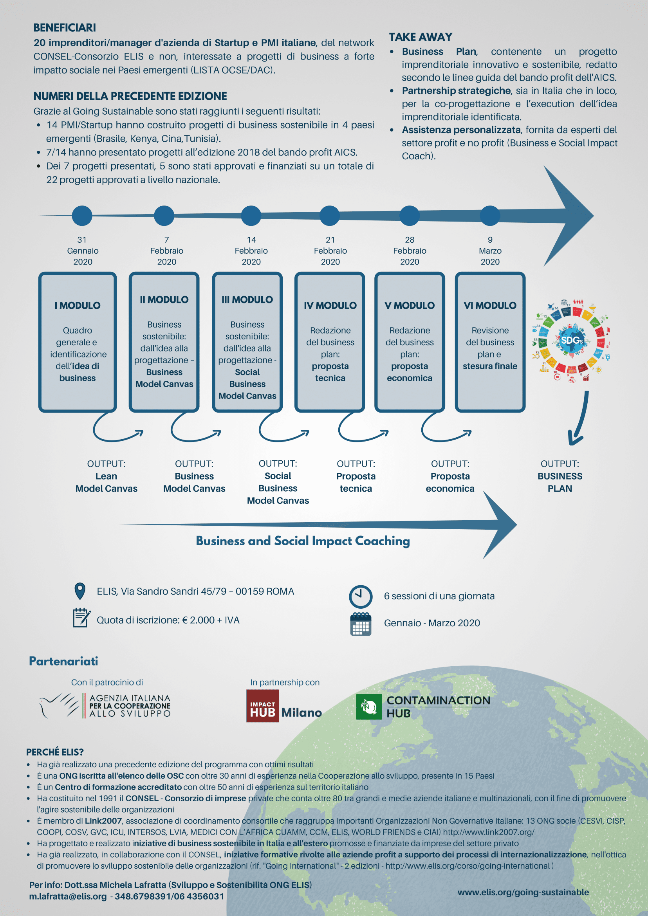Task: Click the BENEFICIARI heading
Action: tap(65, 27)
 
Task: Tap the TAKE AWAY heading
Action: tap(421, 37)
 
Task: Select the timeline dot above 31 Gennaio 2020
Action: tap(82, 216)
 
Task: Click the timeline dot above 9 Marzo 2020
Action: tap(490, 216)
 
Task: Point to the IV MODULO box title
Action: tap(330, 306)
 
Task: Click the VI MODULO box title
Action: tap(490, 306)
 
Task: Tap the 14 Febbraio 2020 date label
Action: tap(251, 251)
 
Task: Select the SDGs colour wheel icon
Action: tap(571, 341)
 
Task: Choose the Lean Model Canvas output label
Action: tap(106, 482)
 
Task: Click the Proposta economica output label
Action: tap(450, 482)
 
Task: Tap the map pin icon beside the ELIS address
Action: tap(80, 591)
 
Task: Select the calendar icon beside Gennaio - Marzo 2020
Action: tap(361, 624)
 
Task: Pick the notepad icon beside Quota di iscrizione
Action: tap(81, 618)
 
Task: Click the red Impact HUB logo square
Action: tap(263, 706)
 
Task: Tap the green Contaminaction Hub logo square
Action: tap(369, 707)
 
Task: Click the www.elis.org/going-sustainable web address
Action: tap(523, 892)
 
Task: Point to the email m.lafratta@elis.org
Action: tap(68, 896)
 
